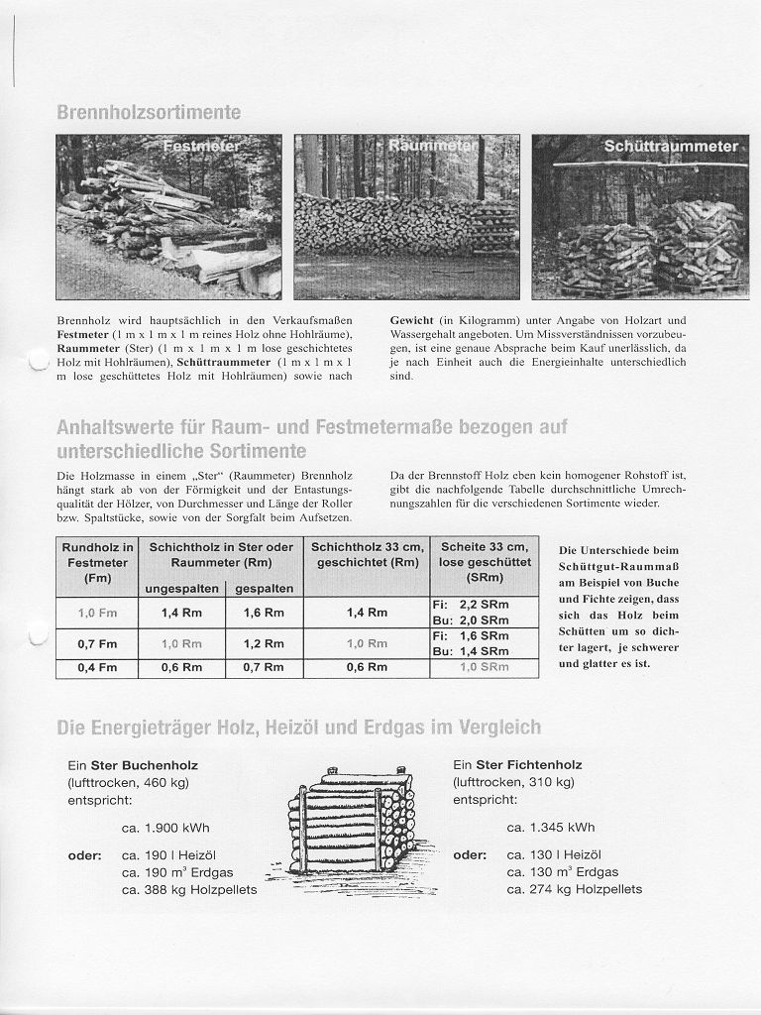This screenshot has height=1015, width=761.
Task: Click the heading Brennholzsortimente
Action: (x=149, y=113)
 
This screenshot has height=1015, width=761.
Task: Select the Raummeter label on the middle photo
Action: (x=431, y=146)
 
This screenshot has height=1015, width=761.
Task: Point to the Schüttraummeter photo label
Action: (x=671, y=147)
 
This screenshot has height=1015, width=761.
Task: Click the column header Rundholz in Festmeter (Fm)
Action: (x=97, y=562)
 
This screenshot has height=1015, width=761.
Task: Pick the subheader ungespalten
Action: (x=181, y=589)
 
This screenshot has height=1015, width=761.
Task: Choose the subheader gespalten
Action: (x=264, y=589)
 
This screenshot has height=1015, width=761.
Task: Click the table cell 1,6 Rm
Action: (x=264, y=613)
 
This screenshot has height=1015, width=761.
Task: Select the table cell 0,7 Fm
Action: (x=97, y=643)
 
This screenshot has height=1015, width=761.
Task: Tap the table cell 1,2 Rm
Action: (x=264, y=643)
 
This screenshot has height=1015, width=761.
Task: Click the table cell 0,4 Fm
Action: (x=97, y=667)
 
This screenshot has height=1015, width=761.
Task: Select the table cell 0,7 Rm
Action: (x=264, y=667)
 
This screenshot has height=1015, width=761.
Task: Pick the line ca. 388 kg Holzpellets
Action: (x=189, y=889)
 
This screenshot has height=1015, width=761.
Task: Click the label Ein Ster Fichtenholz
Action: (x=517, y=765)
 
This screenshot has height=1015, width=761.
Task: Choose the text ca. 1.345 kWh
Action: (x=551, y=828)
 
